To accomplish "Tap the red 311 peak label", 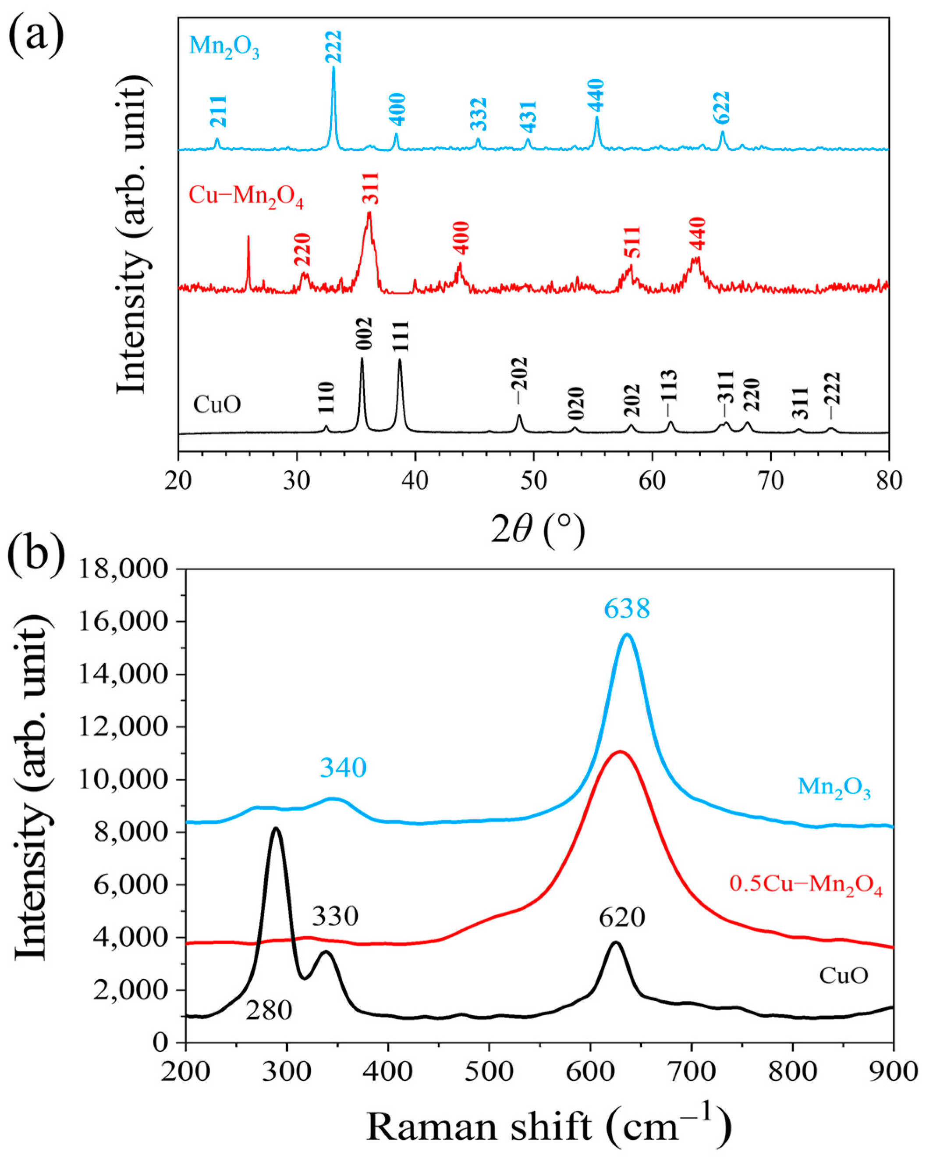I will pos(370,188).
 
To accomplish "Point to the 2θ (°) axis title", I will pos(537,530).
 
